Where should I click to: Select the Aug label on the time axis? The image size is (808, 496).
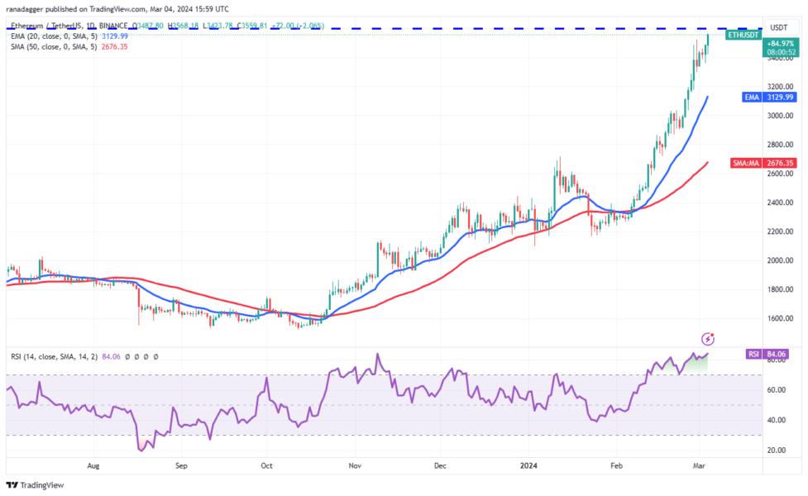pos(94,465)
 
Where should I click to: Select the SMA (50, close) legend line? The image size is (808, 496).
pos(53,46)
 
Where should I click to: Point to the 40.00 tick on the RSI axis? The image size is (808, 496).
pos(778,420)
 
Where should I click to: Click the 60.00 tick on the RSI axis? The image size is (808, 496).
pos(778,389)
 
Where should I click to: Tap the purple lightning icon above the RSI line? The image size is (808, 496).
pos(707,339)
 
